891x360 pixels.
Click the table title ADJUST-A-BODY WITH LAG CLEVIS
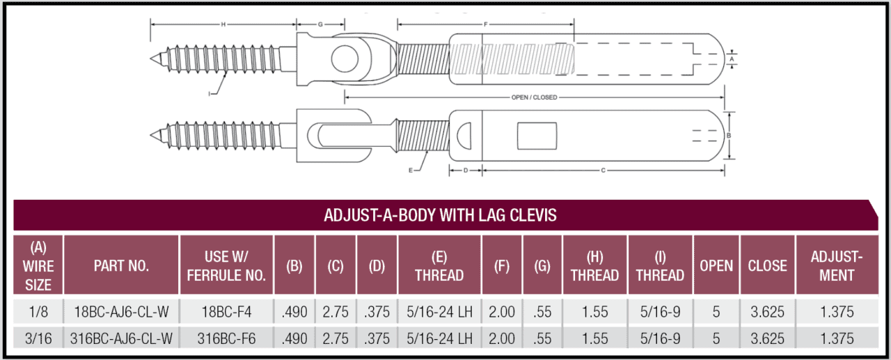click(440, 215)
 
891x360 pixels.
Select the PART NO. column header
click(121, 265)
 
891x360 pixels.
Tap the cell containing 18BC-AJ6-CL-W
click(121, 313)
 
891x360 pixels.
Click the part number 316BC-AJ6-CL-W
click(121, 338)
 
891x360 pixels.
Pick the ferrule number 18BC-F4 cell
click(226, 313)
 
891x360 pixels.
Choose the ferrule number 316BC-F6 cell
click(226, 338)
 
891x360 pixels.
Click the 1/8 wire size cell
click(38, 313)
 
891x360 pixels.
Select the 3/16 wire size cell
click(38, 338)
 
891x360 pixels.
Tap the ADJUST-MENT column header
click(837, 265)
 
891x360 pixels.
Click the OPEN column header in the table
click(716, 265)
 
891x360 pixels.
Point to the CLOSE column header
click(767, 265)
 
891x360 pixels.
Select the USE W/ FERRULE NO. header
click(226, 265)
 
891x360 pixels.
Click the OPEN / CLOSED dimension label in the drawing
click(534, 97)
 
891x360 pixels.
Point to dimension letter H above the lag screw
click(223, 24)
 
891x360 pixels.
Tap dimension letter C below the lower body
click(602, 169)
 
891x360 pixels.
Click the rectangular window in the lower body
click(538, 135)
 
